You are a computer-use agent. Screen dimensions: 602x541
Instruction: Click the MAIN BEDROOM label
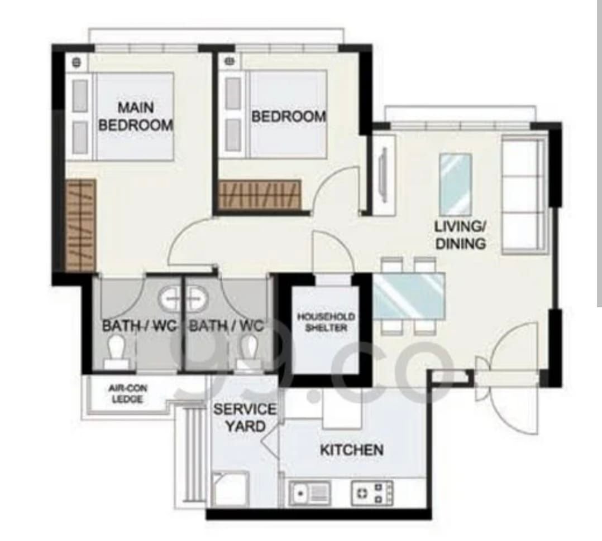pyautogui.click(x=136, y=116)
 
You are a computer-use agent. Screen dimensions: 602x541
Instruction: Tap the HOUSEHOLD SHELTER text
pyautogui.click(x=326, y=322)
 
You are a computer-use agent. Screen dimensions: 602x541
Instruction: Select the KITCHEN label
pyautogui.click(x=352, y=450)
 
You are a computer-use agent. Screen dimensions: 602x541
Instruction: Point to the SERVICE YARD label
pyautogui.click(x=245, y=418)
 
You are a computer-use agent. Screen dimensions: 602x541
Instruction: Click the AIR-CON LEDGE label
pyautogui.click(x=127, y=393)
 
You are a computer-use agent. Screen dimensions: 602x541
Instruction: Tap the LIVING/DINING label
pyautogui.click(x=461, y=235)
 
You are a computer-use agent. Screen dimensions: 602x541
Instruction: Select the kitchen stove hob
pyautogui.click(x=372, y=492)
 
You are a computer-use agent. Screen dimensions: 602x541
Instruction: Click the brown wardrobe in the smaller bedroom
pyautogui.click(x=259, y=195)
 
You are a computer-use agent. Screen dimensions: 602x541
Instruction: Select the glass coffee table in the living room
pyautogui.click(x=455, y=185)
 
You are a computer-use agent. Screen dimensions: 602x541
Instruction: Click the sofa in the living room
pyautogui.click(x=525, y=195)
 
